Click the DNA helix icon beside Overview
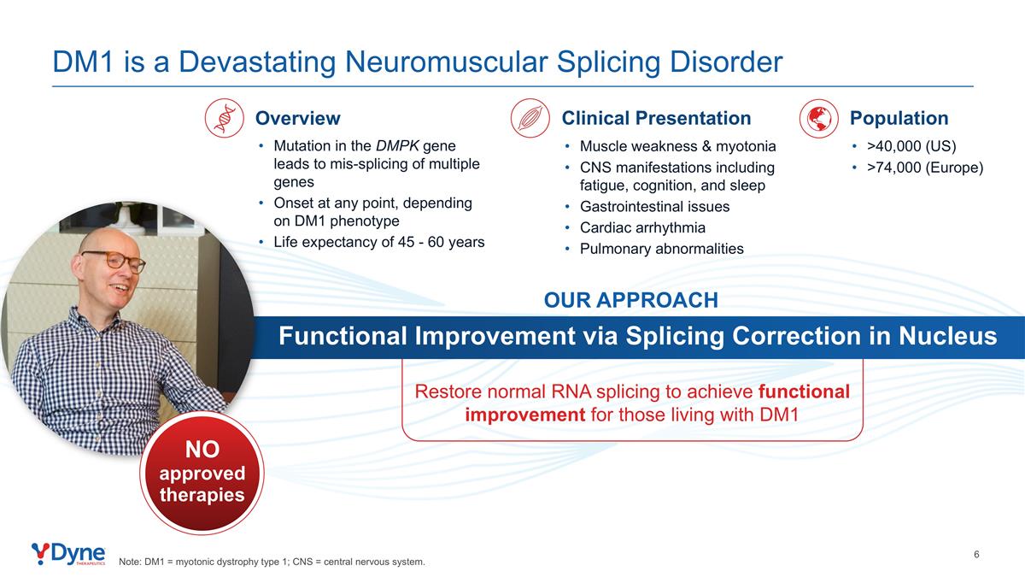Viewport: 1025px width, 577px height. click(x=224, y=118)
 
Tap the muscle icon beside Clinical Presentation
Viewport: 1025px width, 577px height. click(x=530, y=118)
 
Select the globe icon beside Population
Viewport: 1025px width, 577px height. click(x=818, y=118)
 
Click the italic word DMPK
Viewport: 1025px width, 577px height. click(x=397, y=145)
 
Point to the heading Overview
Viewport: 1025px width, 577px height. click(x=298, y=118)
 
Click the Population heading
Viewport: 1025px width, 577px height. click(x=899, y=118)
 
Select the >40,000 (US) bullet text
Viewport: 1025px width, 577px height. click(x=911, y=146)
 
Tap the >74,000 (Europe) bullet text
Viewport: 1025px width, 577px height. click(x=925, y=168)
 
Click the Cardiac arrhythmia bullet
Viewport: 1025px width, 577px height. click(x=642, y=227)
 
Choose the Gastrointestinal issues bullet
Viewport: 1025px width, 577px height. click(x=655, y=207)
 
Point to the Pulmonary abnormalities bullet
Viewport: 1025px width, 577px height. click(x=662, y=249)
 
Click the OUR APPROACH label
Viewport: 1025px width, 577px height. click(x=631, y=300)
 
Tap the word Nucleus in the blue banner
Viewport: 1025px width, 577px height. click(x=947, y=336)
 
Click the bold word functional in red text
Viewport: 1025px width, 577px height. click(x=804, y=392)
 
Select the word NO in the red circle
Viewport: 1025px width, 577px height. click(x=202, y=450)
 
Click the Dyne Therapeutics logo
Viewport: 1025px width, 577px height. click(x=68, y=554)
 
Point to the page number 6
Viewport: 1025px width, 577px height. click(x=976, y=555)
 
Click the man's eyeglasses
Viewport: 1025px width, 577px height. click(x=114, y=261)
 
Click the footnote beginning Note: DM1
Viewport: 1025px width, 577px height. click(x=272, y=562)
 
